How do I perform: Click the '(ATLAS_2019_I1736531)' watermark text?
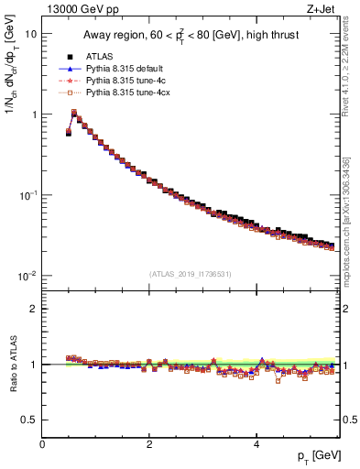pyautogui.click(x=191, y=274)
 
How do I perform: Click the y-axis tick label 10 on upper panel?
pyautogui.click(x=30, y=34)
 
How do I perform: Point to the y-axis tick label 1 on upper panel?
pyautogui.click(x=33, y=115)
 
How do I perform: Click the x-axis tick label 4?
pyautogui.click(x=256, y=444)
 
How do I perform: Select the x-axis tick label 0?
pyautogui.click(x=42, y=444)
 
